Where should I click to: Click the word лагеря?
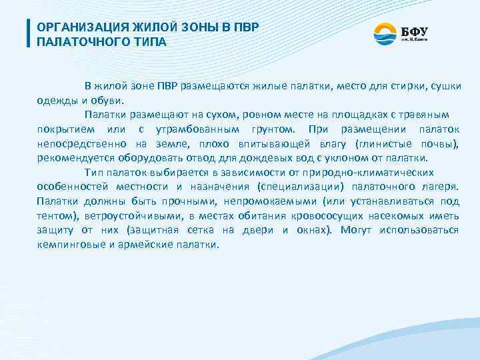pyautogui.click(x=438, y=187)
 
